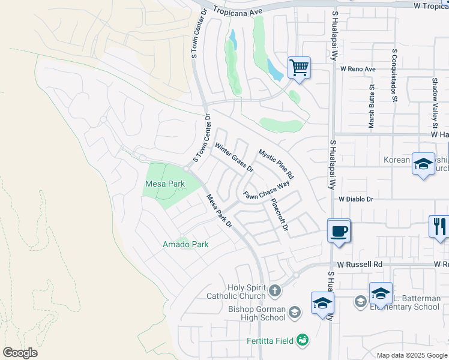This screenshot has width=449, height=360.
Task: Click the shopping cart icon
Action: tap(298, 67)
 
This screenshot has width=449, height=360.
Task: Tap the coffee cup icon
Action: tap(339, 230)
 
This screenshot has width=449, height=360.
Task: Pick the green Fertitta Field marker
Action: tap(304, 341)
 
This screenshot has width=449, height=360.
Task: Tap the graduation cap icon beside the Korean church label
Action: tap(423, 163)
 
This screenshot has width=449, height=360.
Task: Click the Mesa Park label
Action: tap(161, 183)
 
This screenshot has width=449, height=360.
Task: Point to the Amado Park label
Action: tap(185, 244)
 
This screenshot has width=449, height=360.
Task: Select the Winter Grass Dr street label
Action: tap(235, 158)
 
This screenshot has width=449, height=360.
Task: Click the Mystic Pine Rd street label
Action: tap(276, 164)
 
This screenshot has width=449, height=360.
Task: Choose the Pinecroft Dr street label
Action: tap(280, 214)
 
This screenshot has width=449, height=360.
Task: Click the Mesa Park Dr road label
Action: tap(219, 211)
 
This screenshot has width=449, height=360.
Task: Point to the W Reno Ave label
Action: tap(358, 69)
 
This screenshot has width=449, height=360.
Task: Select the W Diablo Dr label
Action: tap(356, 199)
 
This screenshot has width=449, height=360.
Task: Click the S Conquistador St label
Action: tap(394, 76)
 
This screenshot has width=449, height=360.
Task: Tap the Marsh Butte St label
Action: tap(372, 106)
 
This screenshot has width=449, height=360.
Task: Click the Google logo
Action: tap(20, 353)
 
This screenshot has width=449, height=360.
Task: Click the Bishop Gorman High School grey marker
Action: tap(295, 311)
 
